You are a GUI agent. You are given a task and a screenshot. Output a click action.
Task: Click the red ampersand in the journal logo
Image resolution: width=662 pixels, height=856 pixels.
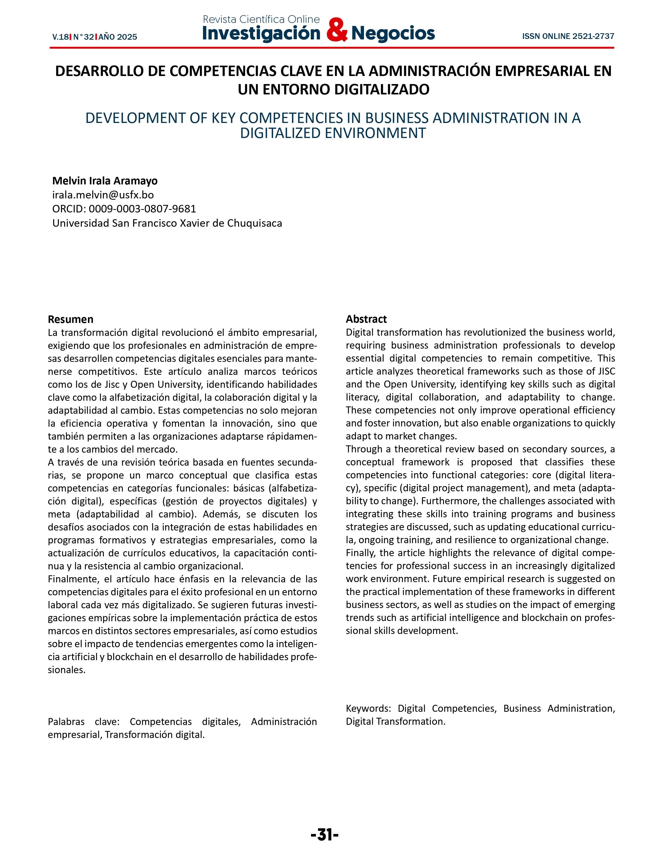coord(336,30)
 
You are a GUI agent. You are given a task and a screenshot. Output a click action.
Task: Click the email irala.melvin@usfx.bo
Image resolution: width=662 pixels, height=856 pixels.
coord(103,195)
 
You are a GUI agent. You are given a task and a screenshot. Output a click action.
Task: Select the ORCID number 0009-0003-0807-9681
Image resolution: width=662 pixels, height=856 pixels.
coord(142,209)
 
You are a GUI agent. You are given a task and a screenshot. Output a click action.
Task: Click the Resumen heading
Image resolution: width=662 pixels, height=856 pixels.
coord(71,319)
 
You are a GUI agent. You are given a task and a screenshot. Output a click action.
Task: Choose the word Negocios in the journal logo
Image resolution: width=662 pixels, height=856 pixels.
coord(393,33)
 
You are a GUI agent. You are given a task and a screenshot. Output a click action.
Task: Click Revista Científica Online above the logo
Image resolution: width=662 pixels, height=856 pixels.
coord(261,19)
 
